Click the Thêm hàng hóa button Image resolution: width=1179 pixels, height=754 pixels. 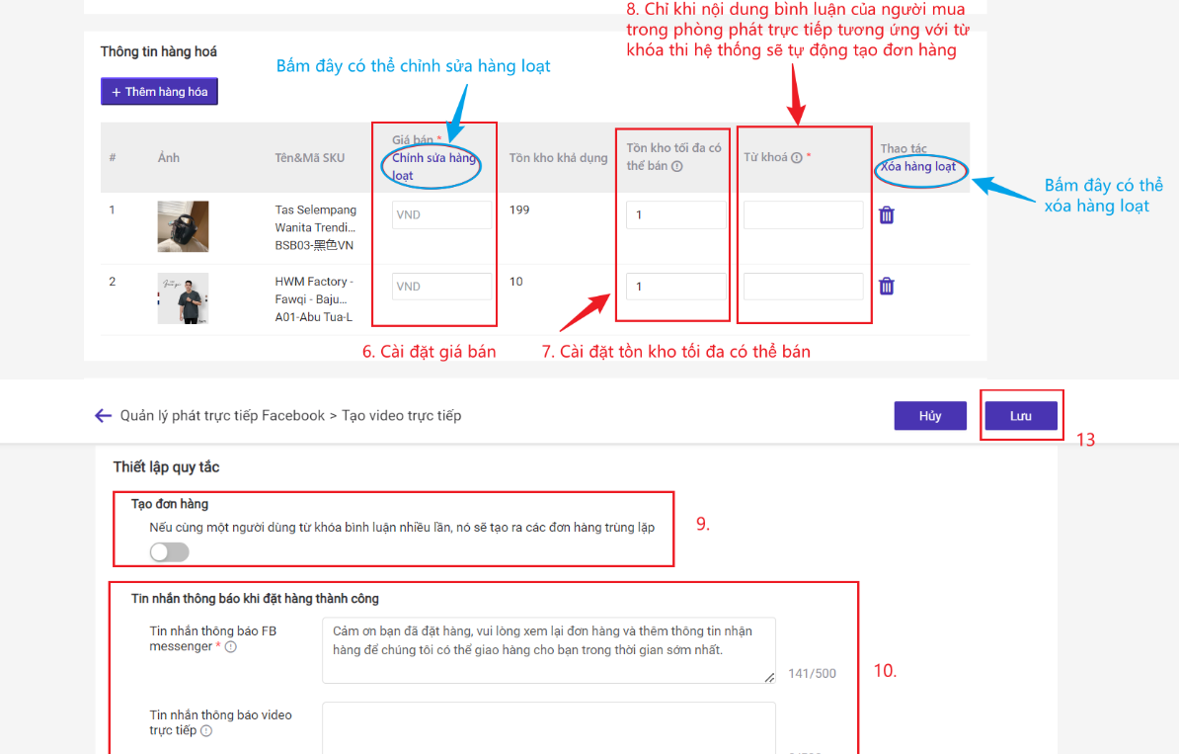click(x=159, y=92)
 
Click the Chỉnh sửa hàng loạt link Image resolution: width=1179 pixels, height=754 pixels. click(x=433, y=166)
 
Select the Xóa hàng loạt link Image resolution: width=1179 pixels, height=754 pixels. click(x=918, y=166)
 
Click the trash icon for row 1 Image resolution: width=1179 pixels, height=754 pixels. click(x=887, y=215)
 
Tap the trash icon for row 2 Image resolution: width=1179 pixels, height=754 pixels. click(x=887, y=286)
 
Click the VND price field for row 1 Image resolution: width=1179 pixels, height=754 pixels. click(x=441, y=214)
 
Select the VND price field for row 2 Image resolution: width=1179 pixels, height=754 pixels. click(x=441, y=286)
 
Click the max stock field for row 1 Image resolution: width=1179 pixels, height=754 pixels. click(x=676, y=214)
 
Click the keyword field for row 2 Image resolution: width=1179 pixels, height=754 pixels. click(x=803, y=286)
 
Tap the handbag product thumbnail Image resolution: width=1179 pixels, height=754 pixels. click(x=183, y=225)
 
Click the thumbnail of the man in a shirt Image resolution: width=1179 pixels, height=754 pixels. click(x=183, y=298)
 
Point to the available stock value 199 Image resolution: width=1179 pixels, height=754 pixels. click(x=518, y=209)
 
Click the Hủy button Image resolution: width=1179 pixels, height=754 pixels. click(x=930, y=415)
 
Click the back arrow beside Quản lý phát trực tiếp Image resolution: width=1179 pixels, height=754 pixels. click(x=103, y=415)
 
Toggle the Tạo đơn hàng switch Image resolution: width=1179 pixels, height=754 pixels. click(x=169, y=552)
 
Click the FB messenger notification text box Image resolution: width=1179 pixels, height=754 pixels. click(x=549, y=650)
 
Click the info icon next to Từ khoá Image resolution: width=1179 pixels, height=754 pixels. click(x=796, y=157)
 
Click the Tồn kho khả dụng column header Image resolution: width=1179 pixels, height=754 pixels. click(x=558, y=158)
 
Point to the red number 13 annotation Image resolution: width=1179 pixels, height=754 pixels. click(x=1085, y=440)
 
